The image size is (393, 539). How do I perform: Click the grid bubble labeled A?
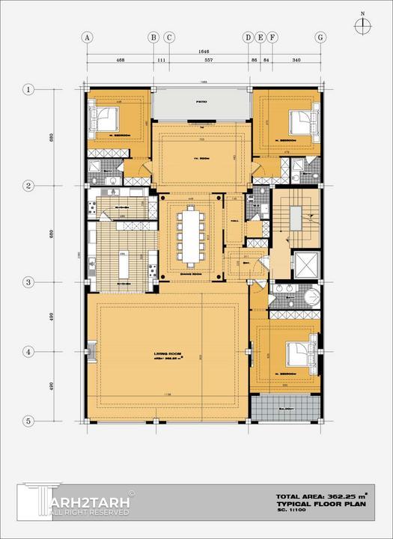pos(87,37)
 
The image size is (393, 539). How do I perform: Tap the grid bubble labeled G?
pos(320,37)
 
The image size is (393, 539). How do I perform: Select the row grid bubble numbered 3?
pos(28,282)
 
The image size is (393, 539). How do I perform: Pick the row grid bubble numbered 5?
pos(28,421)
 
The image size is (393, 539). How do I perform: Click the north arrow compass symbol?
pos(362,24)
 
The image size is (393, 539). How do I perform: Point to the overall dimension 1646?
pos(204,51)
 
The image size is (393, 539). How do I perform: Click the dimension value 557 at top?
pos(209,59)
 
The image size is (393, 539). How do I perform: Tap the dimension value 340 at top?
pos(296,59)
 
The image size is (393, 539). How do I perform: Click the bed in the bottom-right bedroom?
pos(299,350)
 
